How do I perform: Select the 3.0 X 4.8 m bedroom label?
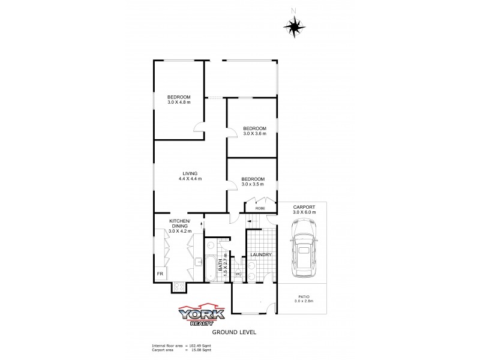point(179,101)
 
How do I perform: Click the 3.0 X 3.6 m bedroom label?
point(254,131)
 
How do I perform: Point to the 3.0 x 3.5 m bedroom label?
point(253,182)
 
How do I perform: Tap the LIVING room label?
point(190,176)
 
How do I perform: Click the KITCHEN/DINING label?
point(179,226)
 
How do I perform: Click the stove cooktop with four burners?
point(179,287)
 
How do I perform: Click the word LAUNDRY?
point(261,255)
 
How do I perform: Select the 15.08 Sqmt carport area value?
point(198,350)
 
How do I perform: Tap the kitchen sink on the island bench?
point(198,260)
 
